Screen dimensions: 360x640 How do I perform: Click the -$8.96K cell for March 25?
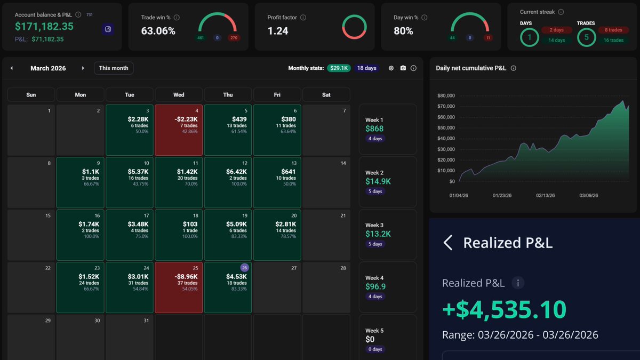[x=178, y=287]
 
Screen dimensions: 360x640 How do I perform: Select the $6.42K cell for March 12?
[x=228, y=182]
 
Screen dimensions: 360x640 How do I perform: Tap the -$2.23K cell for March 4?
[x=178, y=130]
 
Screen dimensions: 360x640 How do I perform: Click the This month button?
[x=114, y=68]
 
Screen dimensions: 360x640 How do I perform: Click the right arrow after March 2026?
[x=83, y=68]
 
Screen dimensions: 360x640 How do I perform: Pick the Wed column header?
[x=179, y=95]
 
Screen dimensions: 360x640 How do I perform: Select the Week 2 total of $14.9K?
[x=378, y=181]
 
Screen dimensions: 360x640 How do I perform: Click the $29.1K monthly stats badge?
[x=338, y=68]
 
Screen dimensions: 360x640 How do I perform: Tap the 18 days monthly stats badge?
[x=366, y=68]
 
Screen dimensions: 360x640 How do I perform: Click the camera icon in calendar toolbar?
[x=403, y=68]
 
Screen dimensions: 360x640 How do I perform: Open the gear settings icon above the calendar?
[x=391, y=68]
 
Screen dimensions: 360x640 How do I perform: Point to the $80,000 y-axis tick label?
[x=445, y=95]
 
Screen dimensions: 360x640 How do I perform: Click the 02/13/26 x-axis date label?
[x=545, y=196]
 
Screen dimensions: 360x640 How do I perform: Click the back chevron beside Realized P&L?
[x=448, y=243]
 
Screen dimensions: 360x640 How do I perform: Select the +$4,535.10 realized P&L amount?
[x=504, y=309]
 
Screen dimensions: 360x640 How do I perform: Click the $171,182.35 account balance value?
[x=44, y=26]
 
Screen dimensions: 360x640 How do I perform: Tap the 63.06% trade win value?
[x=158, y=31]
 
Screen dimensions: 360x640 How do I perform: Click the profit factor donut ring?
[x=354, y=26]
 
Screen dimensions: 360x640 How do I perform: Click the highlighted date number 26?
[x=244, y=268]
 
